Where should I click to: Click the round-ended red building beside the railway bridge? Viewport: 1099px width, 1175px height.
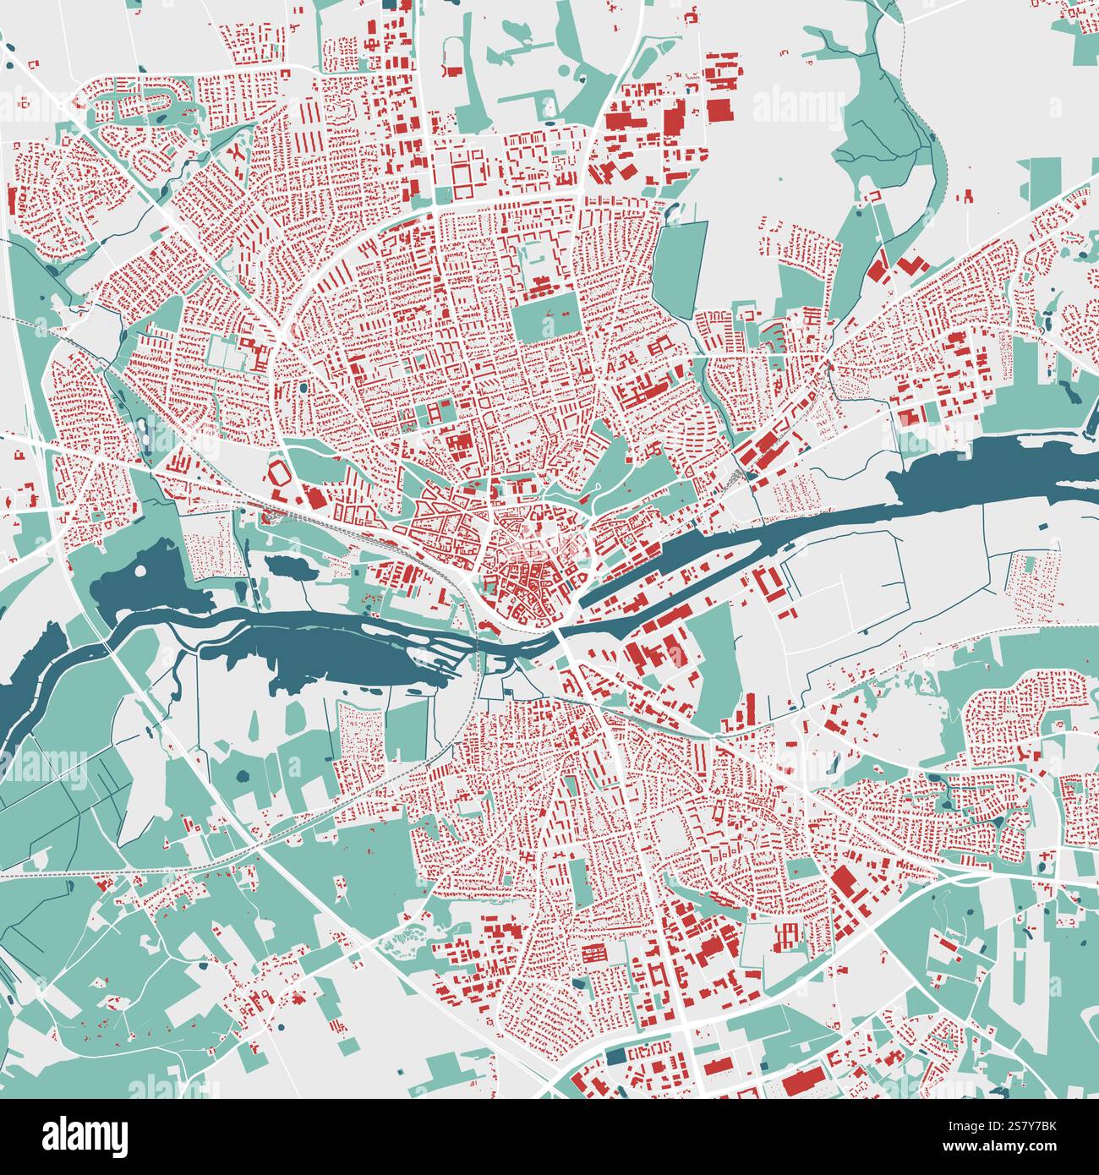(489, 626)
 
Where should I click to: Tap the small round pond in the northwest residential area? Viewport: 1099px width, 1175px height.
(302, 389)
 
